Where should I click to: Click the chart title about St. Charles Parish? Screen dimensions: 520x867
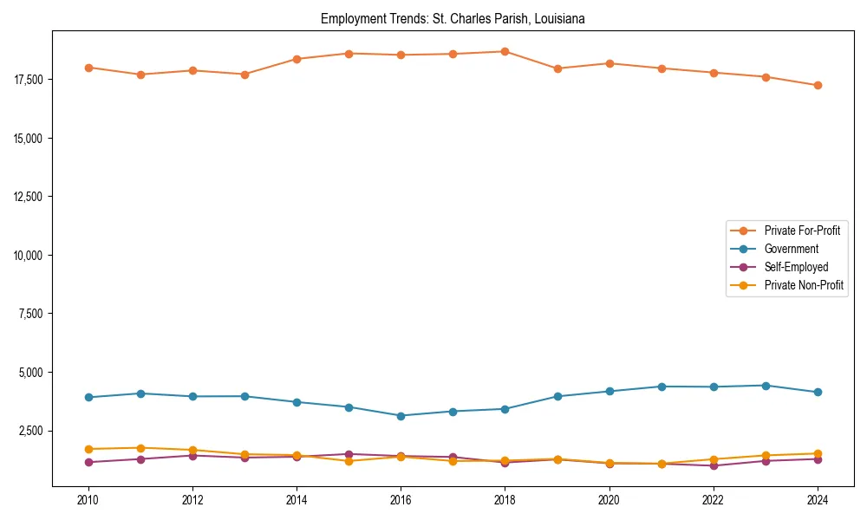pyautogui.click(x=453, y=18)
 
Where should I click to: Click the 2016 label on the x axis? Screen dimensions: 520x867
pyautogui.click(x=401, y=500)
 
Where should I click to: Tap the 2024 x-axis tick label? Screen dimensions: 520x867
pyautogui.click(x=817, y=500)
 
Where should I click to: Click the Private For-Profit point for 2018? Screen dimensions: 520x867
pyautogui.click(x=505, y=51)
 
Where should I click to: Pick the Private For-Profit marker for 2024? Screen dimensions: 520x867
pyautogui.click(x=817, y=85)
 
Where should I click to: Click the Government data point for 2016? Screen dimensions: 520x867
pyautogui.click(x=401, y=416)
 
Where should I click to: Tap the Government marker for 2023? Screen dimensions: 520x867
pyautogui.click(x=765, y=386)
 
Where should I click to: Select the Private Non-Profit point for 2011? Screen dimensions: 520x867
pyautogui.click(x=140, y=448)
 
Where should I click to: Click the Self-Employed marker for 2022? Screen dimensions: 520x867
pyautogui.click(x=713, y=465)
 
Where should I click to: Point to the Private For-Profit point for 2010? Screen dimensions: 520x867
pyautogui.click(x=88, y=68)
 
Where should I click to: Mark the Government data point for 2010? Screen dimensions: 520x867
pyautogui.click(x=88, y=397)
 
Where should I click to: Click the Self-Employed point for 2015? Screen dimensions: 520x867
pyautogui.click(x=349, y=454)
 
